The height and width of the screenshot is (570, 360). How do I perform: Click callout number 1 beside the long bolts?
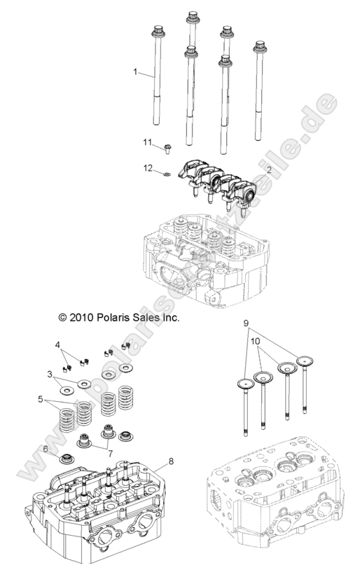(137, 71)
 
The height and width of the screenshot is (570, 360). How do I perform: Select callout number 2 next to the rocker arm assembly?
(270, 169)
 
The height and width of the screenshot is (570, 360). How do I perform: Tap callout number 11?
(148, 144)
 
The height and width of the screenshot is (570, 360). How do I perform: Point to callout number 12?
(148, 168)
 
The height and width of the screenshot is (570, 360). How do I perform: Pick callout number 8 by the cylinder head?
(170, 462)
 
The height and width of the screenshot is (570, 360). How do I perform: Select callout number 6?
(46, 449)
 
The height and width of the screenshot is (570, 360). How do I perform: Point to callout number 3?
(50, 375)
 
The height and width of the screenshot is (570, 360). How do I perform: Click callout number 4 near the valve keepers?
(59, 344)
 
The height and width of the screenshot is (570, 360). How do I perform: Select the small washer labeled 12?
(165, 172)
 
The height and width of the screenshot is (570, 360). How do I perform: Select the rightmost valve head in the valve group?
(306, 362)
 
